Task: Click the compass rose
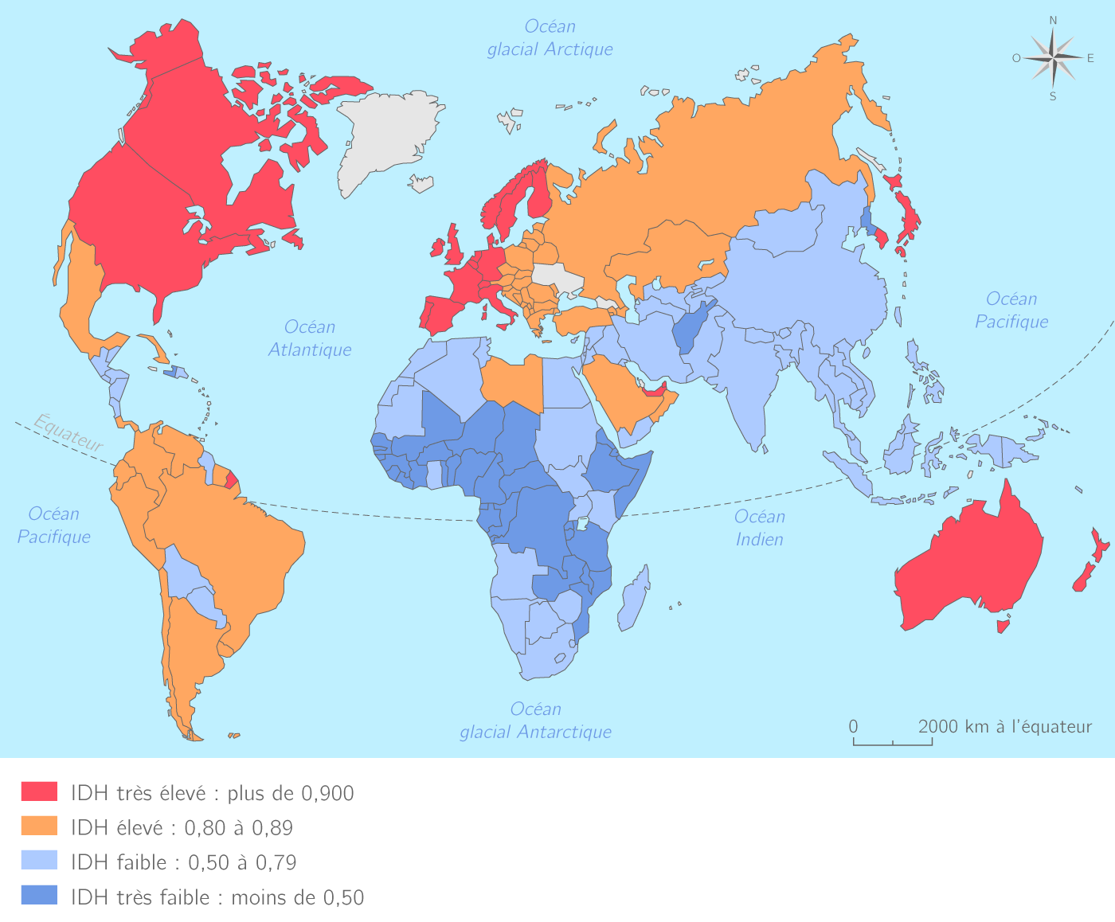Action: coord(1053,58)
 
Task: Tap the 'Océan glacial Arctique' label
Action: coord(550,38)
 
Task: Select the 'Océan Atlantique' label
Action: coord(310,338)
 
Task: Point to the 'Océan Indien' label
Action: coord(759,528)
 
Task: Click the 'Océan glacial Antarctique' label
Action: coord(535,721)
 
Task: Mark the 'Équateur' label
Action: coord(68,432)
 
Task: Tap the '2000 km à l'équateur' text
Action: coord(1004,726)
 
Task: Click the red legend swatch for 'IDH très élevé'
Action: coord(39,791)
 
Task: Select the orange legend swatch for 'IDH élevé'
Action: coord(39,826)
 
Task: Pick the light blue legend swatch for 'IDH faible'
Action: coord(39,860)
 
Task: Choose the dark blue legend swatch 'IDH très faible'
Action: coord(39,895)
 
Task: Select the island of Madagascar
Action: coord(634,597)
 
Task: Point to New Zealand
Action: coord(1087,565)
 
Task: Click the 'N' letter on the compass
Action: coord(1053,21)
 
